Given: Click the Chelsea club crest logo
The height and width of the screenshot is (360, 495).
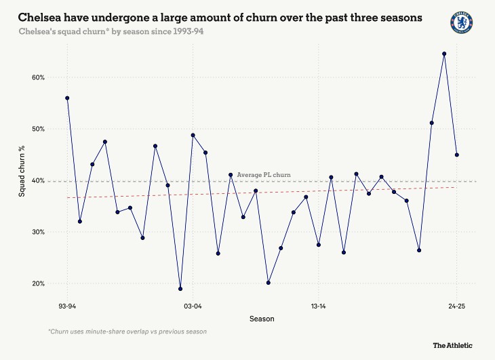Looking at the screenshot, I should coord(462,22).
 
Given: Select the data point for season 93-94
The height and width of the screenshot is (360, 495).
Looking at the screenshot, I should coord(67,98).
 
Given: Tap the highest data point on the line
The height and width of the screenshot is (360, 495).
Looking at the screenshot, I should coord(444,54).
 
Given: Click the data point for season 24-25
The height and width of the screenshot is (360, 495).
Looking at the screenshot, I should coord(457,155).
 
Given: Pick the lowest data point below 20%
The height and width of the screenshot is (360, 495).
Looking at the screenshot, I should coord(180,289).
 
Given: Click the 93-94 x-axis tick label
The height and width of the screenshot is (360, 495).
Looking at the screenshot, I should coord(67,306).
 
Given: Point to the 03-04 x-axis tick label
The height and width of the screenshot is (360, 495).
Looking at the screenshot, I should coord(193,306).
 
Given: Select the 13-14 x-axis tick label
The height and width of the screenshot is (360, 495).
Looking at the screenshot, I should coord(318,306).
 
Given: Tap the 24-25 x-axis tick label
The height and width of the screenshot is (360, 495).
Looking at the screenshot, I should coord(457,306).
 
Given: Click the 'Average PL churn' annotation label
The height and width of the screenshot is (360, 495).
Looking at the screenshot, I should coord(264,175).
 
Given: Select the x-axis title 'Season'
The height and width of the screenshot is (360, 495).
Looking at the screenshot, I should coord(262,319).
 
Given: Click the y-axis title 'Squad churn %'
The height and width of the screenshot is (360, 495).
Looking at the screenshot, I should coord(22,174).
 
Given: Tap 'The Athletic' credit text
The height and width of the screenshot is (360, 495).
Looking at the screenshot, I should coord(453,345).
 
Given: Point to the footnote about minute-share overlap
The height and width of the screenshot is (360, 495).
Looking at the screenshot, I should coord(127,332).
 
